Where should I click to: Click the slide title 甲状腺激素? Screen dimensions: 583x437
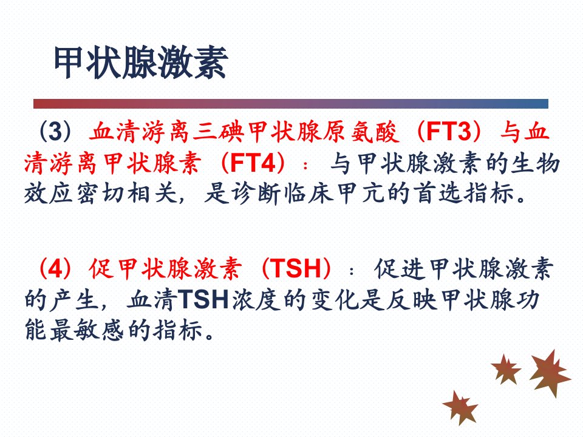pos(141,63)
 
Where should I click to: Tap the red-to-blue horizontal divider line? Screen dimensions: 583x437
pos(291,104)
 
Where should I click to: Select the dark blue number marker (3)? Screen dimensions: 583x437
pos(55,131)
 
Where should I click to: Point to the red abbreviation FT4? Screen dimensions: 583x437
pos(253,163)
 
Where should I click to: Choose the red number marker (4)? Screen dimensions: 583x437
pos(55,269)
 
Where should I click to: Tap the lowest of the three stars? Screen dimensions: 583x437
pos(460,407)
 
